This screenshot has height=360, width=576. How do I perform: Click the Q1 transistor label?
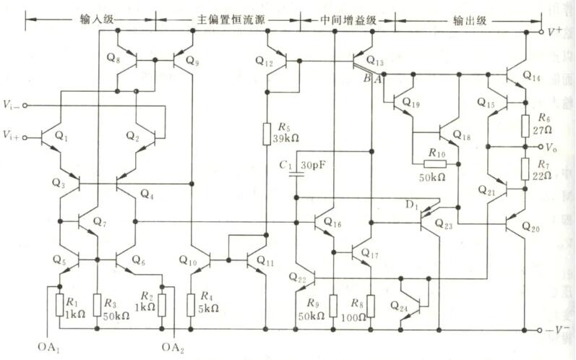(x=61, y=135)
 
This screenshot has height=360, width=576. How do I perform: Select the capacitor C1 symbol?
(x=296, y=176)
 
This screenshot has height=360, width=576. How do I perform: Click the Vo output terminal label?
(x=553, y=147)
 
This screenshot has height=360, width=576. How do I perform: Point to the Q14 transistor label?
(x=531, y=75)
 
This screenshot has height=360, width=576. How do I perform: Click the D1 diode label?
(x=413, y=207)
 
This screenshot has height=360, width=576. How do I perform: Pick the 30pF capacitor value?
(x=313, y=166)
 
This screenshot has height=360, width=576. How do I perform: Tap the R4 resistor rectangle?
(x=192, y=305)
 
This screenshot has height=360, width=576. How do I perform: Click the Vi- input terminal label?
(x=11, y=106)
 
